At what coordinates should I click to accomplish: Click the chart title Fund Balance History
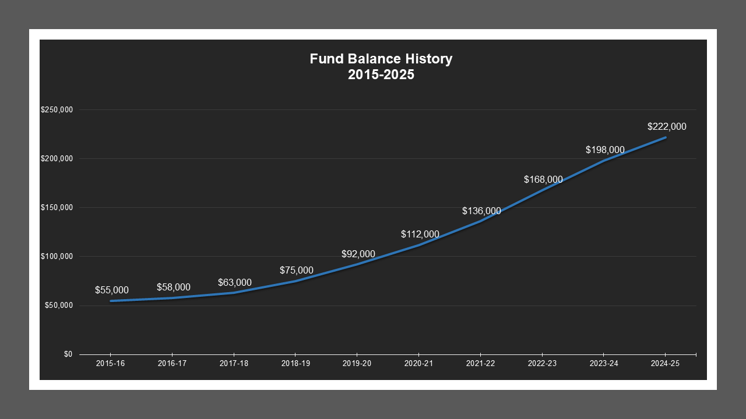(381, 59)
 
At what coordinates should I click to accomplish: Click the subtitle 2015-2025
(381, 74)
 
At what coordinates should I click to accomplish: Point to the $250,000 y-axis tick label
(57, 110)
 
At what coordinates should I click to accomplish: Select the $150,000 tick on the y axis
(57, 208)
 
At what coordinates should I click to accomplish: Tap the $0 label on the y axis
(68, 354)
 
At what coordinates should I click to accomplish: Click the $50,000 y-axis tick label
(58, 306)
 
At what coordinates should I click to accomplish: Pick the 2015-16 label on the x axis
(110, 363)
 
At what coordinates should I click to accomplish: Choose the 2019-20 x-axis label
(357, 363)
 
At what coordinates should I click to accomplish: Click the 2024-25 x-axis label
(665, 363)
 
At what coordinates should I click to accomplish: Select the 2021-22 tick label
(480, 363)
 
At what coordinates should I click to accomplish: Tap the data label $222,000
(667, 126)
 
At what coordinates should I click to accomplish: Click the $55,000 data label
(112, 290)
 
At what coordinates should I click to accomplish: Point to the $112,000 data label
(420, 234)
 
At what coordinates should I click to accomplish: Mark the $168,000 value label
(543, 179)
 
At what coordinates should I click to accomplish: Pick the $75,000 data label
(296, 270)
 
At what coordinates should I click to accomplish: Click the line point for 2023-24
(604, 161)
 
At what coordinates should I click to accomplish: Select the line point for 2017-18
(234, 293)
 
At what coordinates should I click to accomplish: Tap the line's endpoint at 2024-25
(665, 137)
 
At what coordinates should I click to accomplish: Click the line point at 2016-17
(172, 297)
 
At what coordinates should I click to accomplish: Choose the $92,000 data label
(358, 254)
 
